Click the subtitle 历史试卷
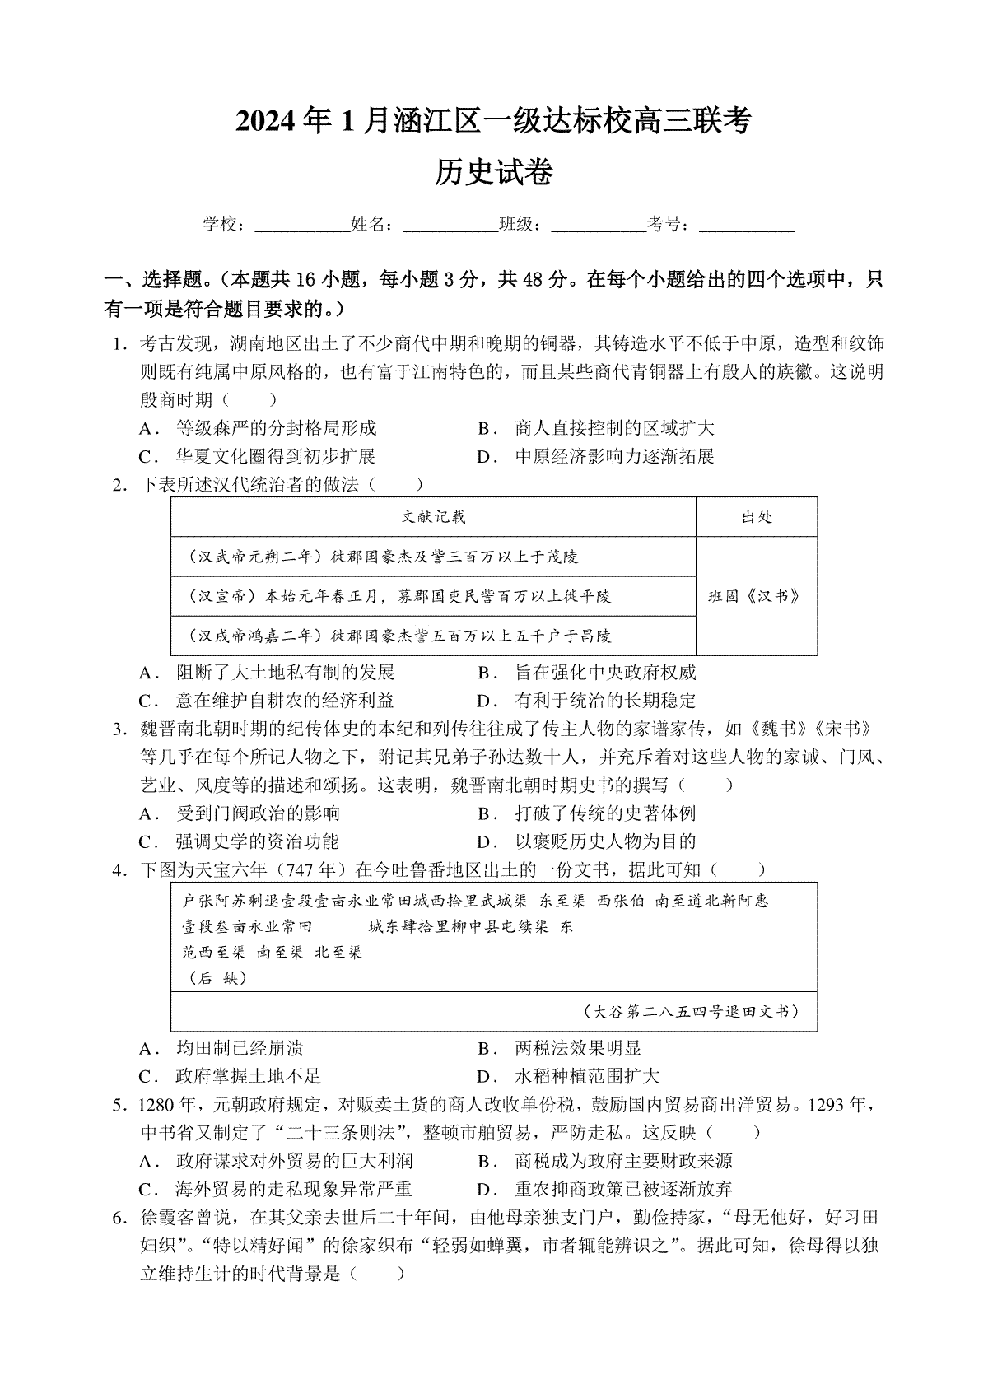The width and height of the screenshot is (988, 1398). pyautogui.click(x=494, y=174)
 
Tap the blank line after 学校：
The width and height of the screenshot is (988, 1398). pyautogui.click(x=302, y=225)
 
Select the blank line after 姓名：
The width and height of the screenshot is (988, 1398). pyautogui.click(x=450, y=225)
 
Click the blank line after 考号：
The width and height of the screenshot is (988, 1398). pyautogui.click(x=746, y=225)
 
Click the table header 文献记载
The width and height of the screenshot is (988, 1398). pyautogui.click(x=433, y=517)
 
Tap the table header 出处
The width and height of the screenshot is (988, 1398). pyautogui.click(x=757, y=517)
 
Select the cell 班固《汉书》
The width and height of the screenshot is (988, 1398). pyautogui.click(x=755, y=596)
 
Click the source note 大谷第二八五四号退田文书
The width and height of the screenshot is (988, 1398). pyautogui.click(x=689, y=1011)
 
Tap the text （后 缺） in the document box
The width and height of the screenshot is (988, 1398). pyautogui.click(x=213, y=977)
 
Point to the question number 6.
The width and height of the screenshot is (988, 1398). pyautogui.click(x=119, y=1217)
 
